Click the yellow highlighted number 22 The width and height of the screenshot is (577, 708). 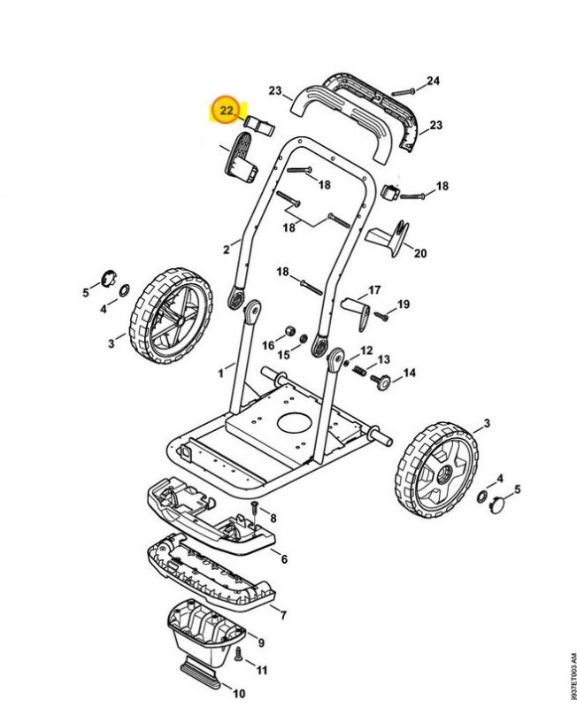[227, 111]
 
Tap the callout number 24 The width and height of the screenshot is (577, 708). [432, 82]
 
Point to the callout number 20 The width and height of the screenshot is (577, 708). [420, 253]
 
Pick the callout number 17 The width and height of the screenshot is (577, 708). [374, 289]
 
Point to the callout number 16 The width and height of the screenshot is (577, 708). [269, 345]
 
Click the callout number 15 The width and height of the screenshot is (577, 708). [284, 355]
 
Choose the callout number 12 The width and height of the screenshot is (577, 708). [365, 350]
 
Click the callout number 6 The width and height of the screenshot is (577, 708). [284, 559]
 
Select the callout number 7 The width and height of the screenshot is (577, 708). [282, 613]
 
